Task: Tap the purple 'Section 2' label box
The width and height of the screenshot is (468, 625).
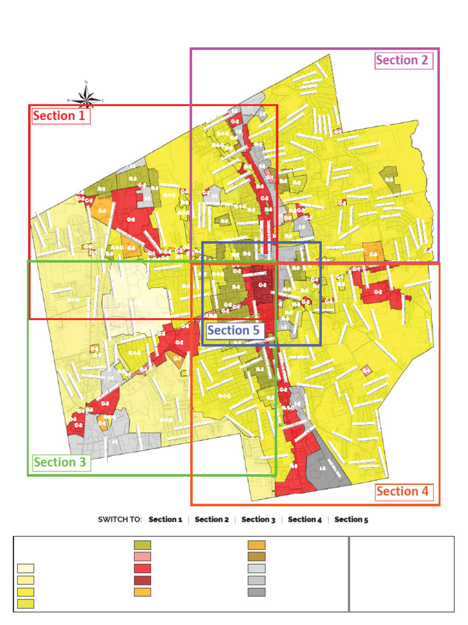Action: [x=404, y=60]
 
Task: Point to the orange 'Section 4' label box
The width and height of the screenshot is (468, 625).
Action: [x=406, y=491]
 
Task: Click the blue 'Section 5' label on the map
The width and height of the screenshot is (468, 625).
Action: [x=233, y=331]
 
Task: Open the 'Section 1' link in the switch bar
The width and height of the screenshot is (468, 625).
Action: [x=165, y=519]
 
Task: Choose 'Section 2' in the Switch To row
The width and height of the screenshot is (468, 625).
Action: [x=211, y=519]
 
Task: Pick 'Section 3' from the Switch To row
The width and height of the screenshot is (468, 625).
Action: [x=258, y=519]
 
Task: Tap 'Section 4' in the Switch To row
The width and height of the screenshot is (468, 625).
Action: [x=305, y=519]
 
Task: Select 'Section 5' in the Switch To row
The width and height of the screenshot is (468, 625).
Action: [x=351, y=519]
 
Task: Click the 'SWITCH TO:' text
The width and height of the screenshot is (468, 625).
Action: [x=120, y=519]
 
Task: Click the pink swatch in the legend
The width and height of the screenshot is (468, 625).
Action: [x=142, y=557]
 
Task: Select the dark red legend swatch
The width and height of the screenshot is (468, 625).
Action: [x=142, y=580]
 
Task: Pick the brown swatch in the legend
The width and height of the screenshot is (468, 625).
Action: [x=257, y=557]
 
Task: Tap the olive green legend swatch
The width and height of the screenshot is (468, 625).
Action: [x=142, y=545]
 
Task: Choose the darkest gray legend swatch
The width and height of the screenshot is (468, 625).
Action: [x=257, y=591]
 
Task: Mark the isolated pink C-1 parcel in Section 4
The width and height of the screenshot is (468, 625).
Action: [x=367, y=370]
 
